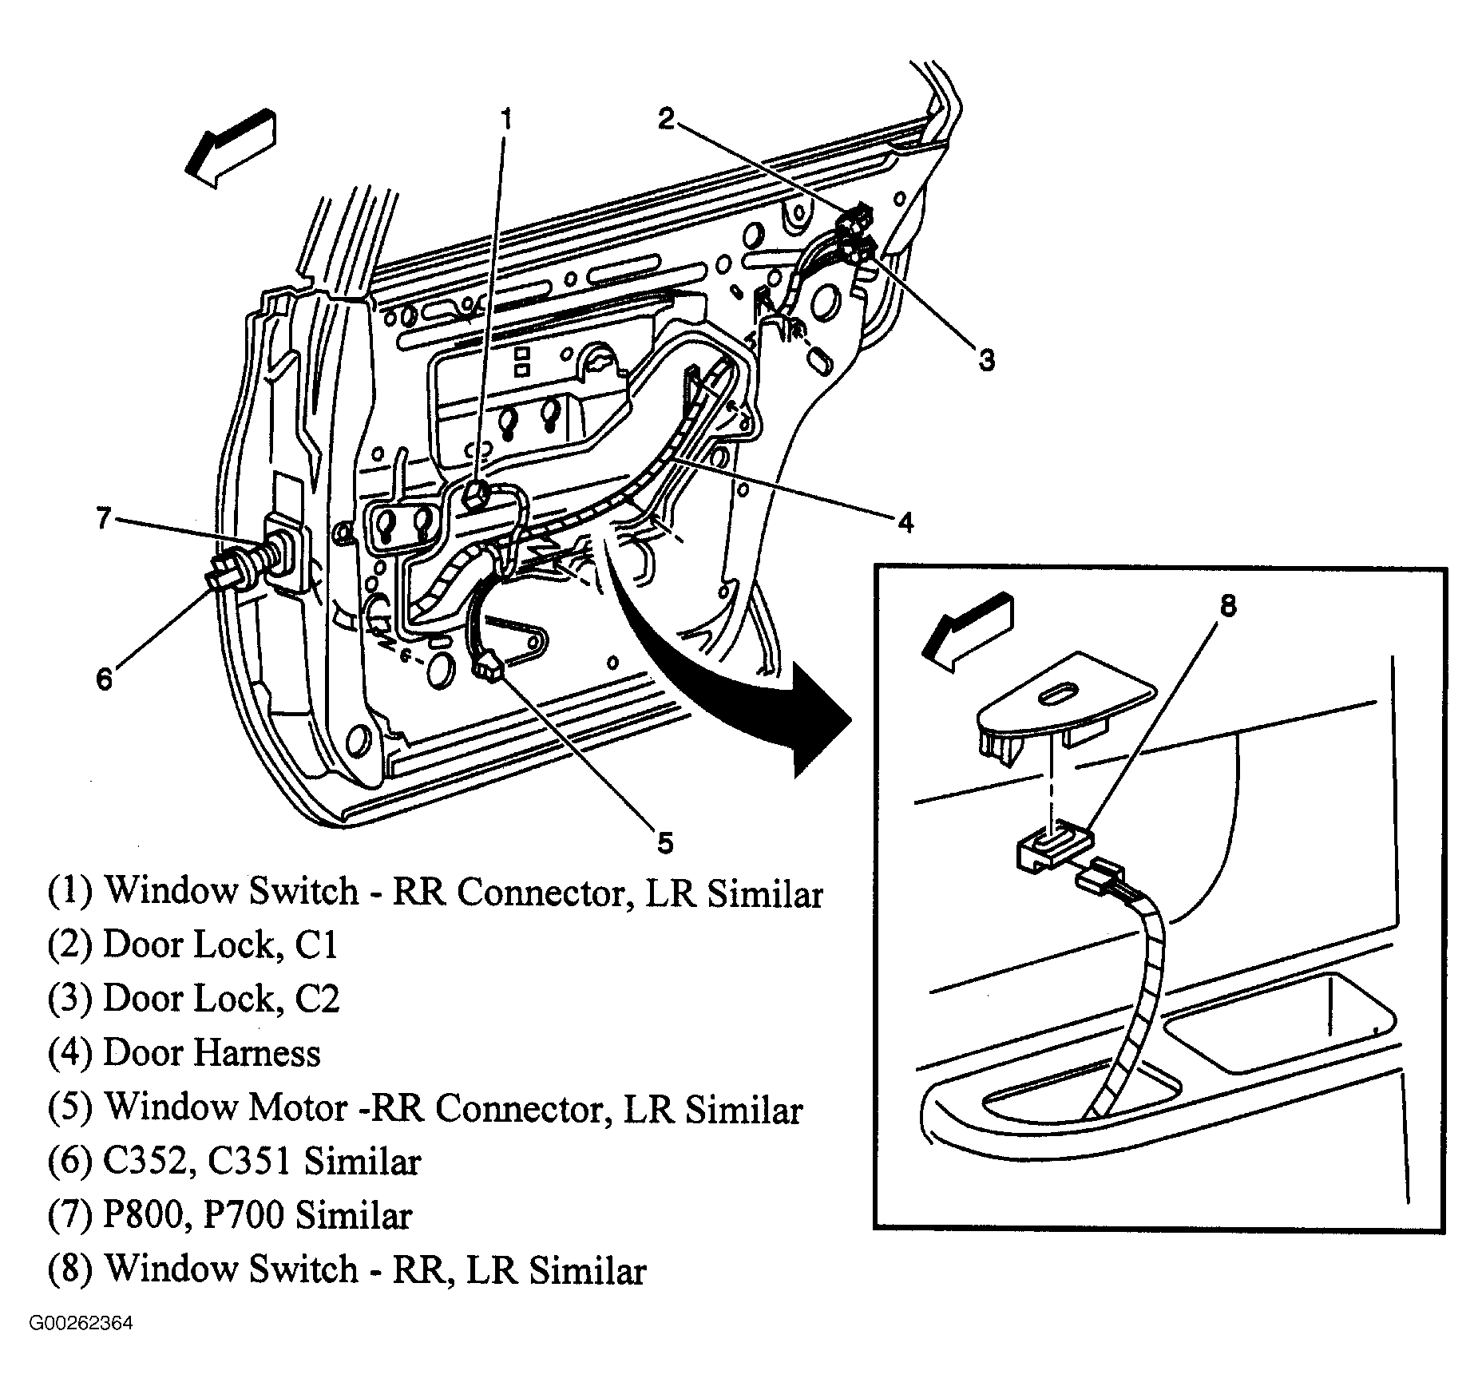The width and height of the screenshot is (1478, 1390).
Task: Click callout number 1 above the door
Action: click(505, 121)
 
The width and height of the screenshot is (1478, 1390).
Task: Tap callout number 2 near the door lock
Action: click(666, 119)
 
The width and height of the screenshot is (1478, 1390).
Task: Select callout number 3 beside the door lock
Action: click(987, 360)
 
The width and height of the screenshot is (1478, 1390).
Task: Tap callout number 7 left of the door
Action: click(104, 519)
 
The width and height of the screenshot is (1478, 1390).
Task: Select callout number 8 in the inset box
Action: click(1227, 606)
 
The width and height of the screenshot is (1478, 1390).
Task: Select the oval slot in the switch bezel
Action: click(1058, 692)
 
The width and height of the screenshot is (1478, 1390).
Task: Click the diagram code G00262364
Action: click(81, 1324)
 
